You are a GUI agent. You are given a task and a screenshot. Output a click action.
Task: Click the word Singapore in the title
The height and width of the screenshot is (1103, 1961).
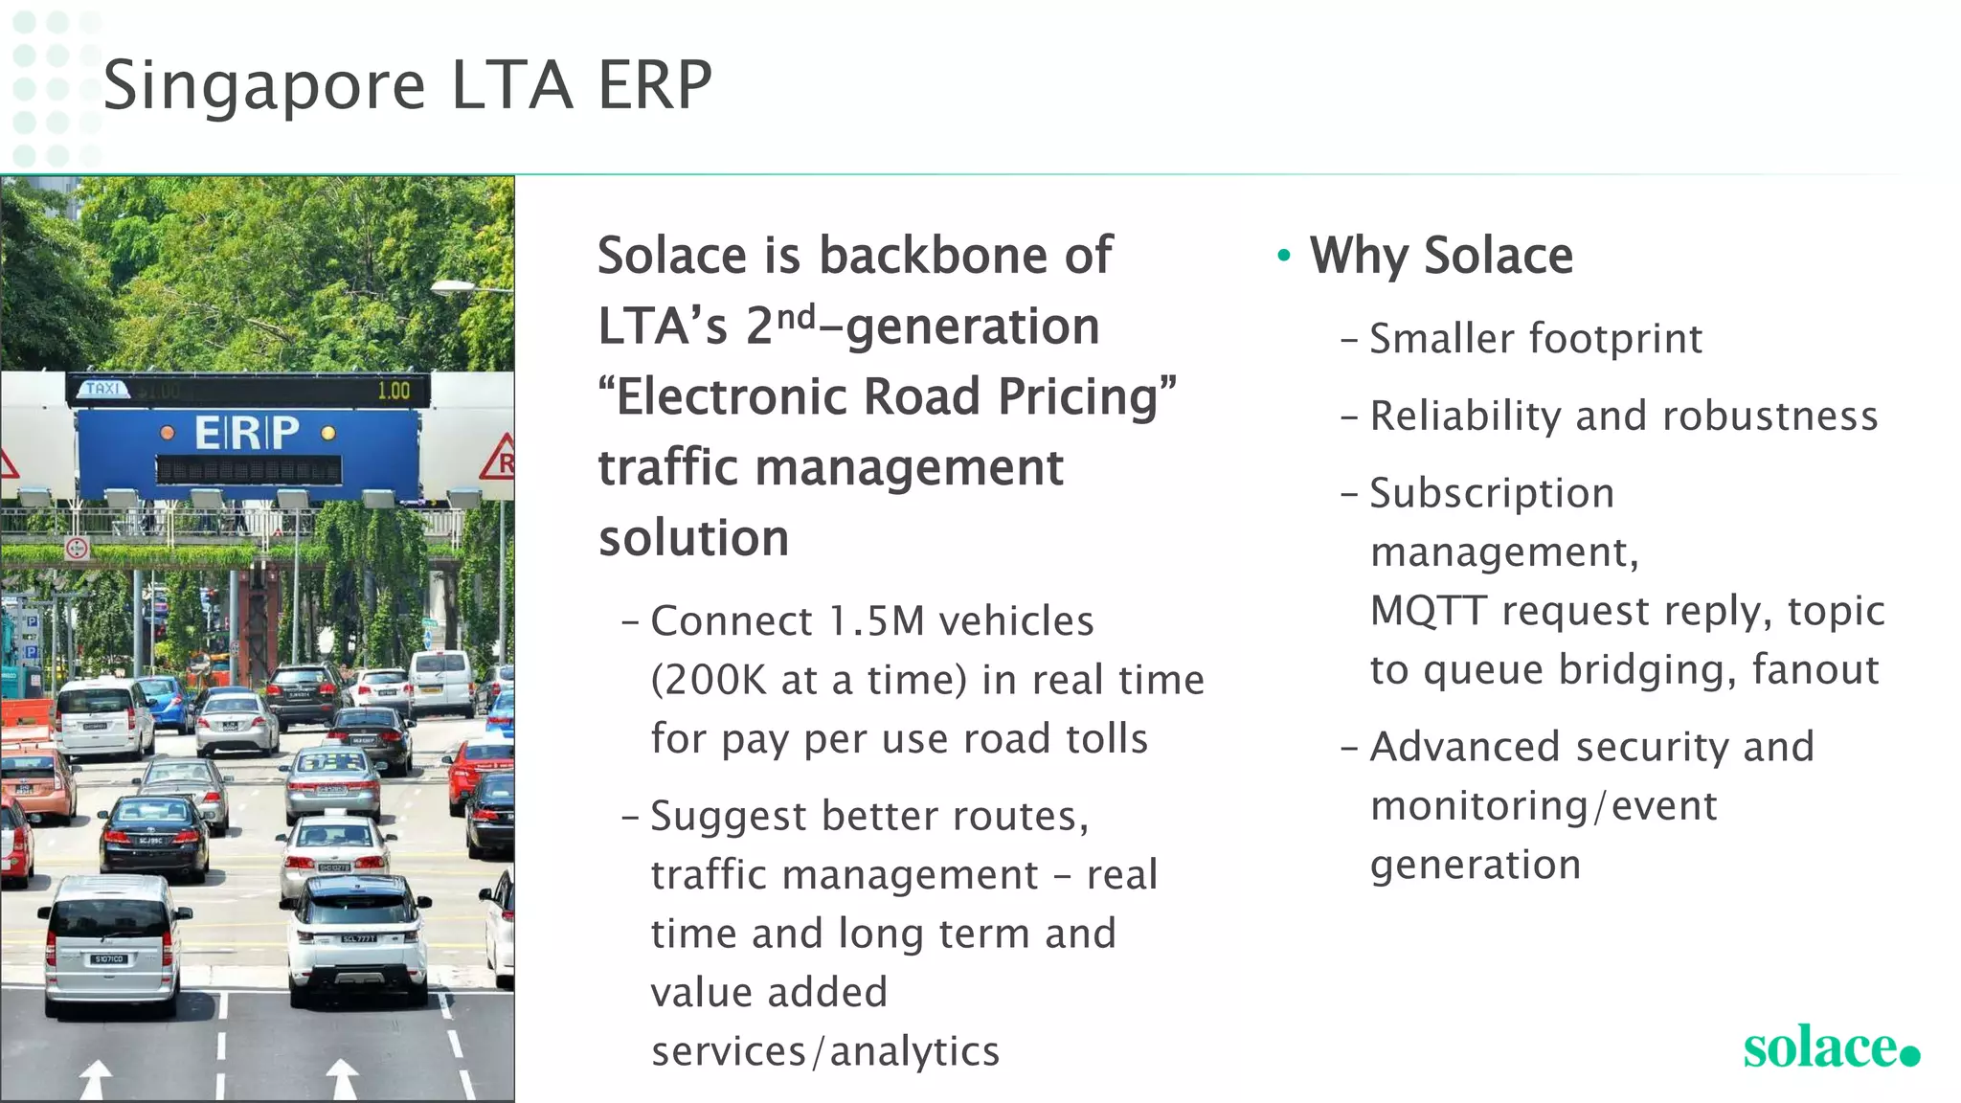(x=263, y=86)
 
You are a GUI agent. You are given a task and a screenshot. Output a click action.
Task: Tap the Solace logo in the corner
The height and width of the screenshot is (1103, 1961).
(x=1830, y=1047)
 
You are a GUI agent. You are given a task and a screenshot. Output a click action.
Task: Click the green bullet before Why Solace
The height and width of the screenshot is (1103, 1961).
(x=1284, y=256)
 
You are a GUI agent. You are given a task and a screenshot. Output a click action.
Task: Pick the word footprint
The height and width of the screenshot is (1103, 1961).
(x=1615, y=339)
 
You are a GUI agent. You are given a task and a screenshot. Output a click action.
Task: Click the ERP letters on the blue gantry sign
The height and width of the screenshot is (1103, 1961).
(x=247, y=433)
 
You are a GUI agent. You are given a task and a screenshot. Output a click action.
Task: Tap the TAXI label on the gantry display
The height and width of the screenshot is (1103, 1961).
(x=103, y=389)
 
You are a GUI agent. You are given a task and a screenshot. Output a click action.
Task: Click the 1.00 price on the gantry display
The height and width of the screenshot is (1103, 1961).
(x=393, y=391)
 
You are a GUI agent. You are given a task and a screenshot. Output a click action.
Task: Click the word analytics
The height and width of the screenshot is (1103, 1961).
(x=914, y=1051)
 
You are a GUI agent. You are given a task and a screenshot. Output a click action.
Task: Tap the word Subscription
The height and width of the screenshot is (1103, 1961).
(x=1492, y=494)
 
